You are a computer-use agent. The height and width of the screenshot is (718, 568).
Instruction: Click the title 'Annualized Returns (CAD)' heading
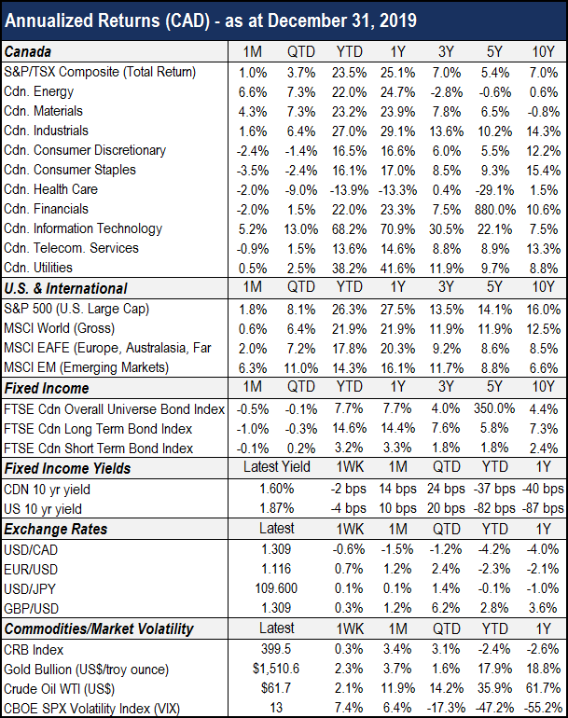(x=107, y=21)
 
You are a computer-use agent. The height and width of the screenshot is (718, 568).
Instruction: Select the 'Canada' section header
(x=27, y=51)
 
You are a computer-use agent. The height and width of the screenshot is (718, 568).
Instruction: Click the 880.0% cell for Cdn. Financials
(x=494, y=210)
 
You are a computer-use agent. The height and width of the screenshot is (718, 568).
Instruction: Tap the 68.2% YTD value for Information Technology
(x=349, y=229)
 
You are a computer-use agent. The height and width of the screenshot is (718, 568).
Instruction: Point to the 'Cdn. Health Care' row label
(x=51, y=189)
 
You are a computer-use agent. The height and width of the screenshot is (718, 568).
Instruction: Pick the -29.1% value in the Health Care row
(x=494, y=190)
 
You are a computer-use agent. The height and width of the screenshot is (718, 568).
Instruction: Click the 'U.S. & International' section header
(x=65, y=288)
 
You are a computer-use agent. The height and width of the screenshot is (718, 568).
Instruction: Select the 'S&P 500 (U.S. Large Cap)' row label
(x=76, y=309)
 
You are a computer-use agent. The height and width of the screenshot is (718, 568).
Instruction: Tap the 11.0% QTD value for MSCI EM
(x=301, y=368)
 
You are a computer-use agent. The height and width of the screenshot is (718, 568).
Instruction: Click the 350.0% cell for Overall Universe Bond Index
(x=494, y=408)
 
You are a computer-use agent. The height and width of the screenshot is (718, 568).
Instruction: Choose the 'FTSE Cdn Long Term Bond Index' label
(x=98, y=429)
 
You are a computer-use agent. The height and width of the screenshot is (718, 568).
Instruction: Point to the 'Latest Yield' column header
(x=277, y=466)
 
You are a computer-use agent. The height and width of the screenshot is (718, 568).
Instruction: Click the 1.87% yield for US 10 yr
(x=277, y=508)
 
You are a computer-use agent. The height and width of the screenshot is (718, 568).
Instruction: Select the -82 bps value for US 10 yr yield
(x=494, y=508)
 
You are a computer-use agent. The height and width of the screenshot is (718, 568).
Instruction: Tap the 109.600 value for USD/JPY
(x=276, y=588)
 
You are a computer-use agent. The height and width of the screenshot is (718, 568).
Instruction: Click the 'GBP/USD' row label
(x=31, y=609)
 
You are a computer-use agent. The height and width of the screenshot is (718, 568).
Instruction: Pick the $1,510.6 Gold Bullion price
(x=276, y=669)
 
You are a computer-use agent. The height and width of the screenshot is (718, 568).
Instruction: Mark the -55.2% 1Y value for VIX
(x=543, y=708)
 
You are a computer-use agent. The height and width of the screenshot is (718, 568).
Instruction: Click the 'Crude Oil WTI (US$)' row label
(x=59, y=689)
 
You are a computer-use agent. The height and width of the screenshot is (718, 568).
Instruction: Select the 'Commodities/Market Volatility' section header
(x=99, y=629)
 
